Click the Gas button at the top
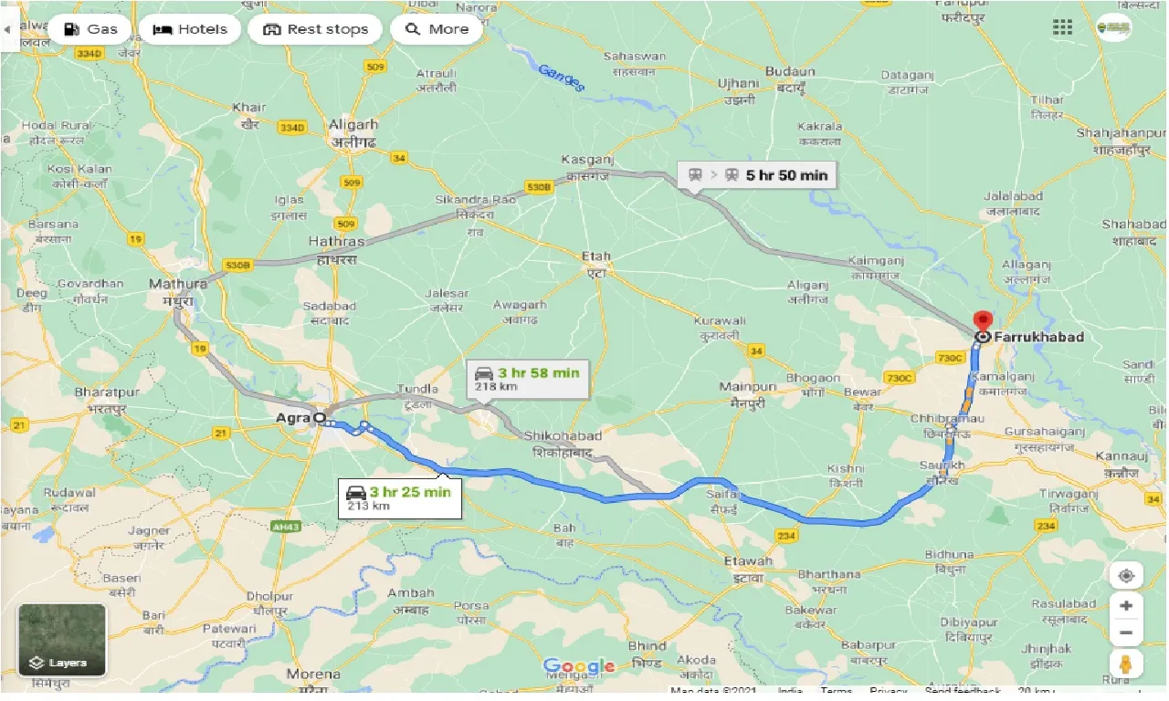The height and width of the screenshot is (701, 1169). coord(90,29)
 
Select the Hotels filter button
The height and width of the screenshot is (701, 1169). coord(190,29)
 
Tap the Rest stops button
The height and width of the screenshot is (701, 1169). coord(315,29)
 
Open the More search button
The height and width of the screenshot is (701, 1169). coord(437,29)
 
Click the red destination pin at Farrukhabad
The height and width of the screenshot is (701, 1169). coord(982,322)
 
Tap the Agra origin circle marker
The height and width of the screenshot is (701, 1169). coord(319,418)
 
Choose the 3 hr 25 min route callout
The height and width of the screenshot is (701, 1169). coord(398,497)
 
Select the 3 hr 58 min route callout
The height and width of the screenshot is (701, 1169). coord(526,379)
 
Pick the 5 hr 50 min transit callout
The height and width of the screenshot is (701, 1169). coord(757,175)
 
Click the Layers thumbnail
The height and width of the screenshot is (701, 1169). coord(62,639)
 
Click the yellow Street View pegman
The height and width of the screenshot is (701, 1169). coord(1126,664)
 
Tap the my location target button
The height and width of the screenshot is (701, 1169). coord(1126,576)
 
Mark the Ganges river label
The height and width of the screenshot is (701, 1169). coord(561,77)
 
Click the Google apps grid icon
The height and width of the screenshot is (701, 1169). coord(1062,27)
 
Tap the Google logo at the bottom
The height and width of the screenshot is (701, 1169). coord(578,667)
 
